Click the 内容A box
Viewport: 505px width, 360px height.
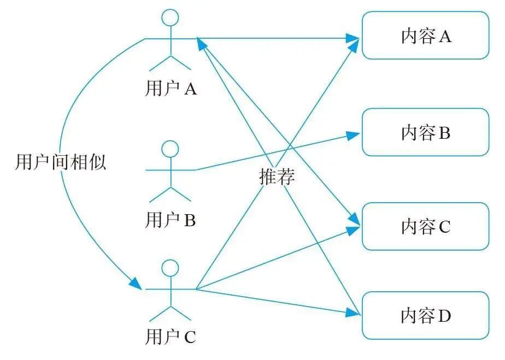click(425, 37)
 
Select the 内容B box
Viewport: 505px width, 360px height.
click(425, 132)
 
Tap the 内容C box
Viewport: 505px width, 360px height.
click(425, 227)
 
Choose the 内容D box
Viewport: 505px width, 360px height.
click(425, 316)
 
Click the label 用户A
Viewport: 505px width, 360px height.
click(171, 88)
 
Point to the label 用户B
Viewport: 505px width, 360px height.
click(171, 220)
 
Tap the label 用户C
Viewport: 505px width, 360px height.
click(171, 338)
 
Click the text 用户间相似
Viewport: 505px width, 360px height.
click(60, 162)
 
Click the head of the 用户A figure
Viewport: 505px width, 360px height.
click(171, 17)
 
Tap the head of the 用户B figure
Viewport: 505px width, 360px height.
click(171, 148)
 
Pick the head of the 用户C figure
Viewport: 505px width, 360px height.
click(171, 268)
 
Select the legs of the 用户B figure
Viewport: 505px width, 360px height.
click(171, 194)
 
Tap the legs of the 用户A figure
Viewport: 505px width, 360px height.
click(171, 62)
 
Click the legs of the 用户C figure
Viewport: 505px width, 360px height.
click(171, 313)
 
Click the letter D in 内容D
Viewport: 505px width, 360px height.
click(445, 316)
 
